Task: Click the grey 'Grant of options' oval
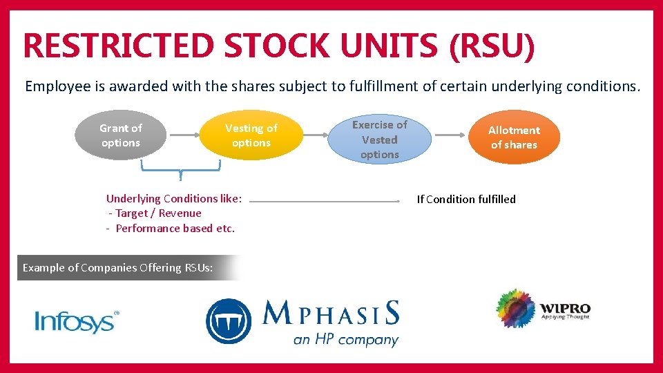120,135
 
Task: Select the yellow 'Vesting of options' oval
251,135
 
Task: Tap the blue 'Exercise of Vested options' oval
379,140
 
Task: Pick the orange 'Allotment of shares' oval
514,137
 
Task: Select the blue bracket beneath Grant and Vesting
180,168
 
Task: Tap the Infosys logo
77,321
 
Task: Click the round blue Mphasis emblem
229,321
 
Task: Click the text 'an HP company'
345,339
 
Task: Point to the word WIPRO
565,307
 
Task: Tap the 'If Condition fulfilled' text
466,200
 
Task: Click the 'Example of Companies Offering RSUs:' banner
118,267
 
